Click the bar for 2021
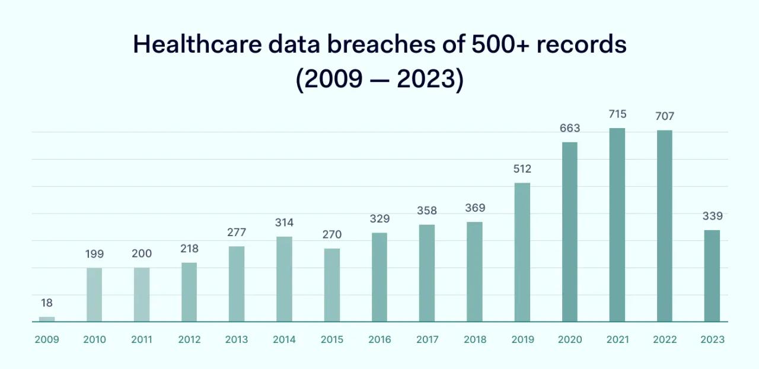[617, 225]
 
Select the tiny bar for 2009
[47, 319]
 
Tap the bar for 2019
[522, 252]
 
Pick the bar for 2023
[712, 276]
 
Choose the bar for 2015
[331, 285]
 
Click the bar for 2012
[189, 292]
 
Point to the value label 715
[617, 114]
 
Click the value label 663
[569, 128]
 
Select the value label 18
[47, 303]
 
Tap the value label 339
[712, 216]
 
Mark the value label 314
[284, 222]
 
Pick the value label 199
[94, 254]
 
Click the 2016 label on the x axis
[379, 340]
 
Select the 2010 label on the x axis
[94, 340]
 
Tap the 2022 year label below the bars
[665, 340]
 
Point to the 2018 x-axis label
[474, 340]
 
